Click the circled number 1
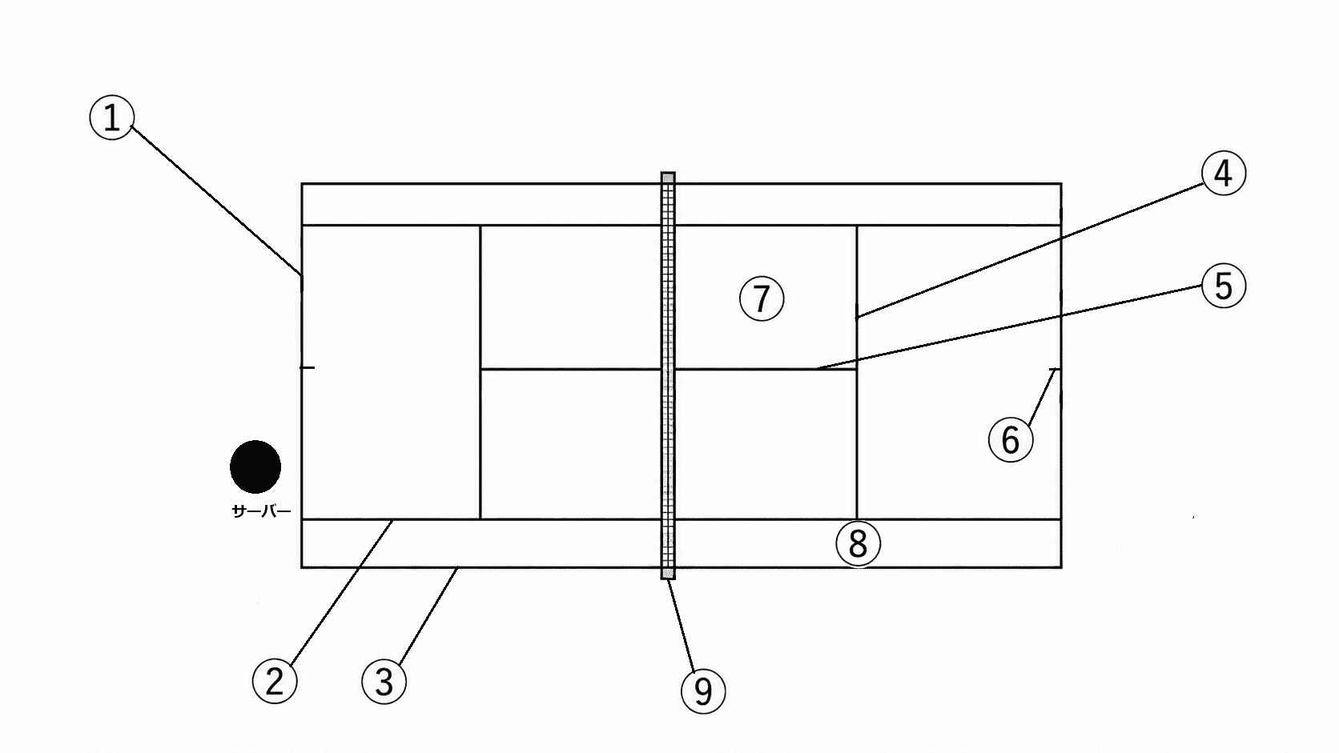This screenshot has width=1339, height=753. click(112, 118)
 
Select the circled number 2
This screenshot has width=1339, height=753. click(275, 681)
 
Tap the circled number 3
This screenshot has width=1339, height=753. click(384, 681)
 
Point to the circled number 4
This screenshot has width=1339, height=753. click(1224, 173)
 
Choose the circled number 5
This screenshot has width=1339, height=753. click(1224, 286)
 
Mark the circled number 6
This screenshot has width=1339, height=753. click(1011, 439)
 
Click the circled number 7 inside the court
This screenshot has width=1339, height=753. click(762, 298)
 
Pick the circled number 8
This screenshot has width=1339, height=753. click(858, 543)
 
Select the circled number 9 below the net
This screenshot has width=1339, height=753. click(704, 691)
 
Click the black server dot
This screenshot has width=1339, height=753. click(255, 467)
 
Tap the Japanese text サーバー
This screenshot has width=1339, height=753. click(261, 511)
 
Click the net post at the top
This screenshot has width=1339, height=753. click(668, 178)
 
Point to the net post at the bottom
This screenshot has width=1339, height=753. click(668, 573)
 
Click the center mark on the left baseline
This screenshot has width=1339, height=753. click(308, 367)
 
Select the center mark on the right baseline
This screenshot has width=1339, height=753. click(1056, 370)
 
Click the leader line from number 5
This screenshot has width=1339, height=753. click(1010, 327)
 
